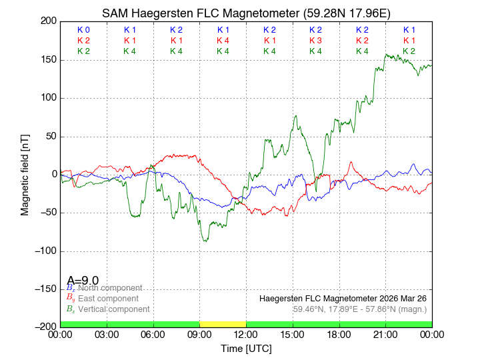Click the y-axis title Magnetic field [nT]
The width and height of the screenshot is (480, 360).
25,173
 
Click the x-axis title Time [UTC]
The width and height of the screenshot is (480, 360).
246,349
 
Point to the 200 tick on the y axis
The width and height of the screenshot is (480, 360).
49,21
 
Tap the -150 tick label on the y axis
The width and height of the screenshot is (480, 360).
45,289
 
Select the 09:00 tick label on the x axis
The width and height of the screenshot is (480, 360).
199,334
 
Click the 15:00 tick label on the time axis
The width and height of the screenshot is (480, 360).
293,334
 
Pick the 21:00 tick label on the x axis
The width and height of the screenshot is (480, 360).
385,334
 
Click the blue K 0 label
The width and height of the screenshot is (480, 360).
83,30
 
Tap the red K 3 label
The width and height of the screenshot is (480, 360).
315,41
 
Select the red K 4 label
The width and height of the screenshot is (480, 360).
223,41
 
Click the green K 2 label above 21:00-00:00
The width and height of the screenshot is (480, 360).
409,51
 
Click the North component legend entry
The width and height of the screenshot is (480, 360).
107,288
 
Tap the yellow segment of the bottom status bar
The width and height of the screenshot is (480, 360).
223,324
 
